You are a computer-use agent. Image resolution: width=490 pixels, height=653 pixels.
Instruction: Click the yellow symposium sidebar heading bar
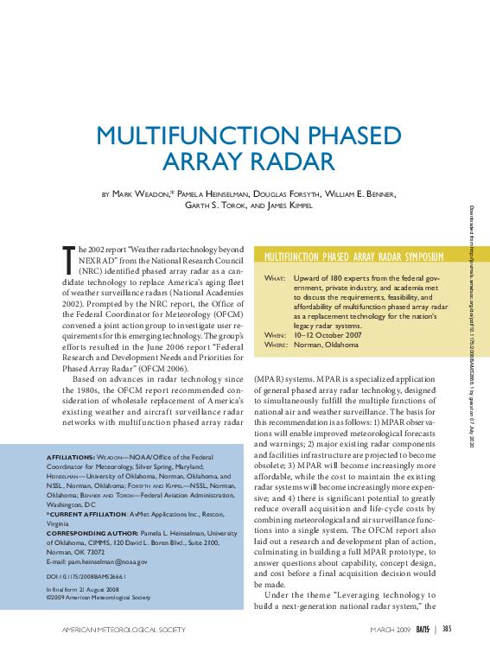pyautogui.click(x=370, y=257)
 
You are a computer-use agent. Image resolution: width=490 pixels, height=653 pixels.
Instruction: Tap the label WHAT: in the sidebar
pyautogui.click(x=274, y=279)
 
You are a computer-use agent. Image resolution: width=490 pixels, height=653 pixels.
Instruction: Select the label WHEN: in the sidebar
pyautogui.click(x=274, y=334)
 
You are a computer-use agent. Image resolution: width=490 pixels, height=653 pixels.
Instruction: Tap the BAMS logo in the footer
pyautogui.click(x=423, y=629)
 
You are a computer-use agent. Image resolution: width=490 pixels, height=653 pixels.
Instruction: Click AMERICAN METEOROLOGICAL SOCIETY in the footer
pyautogui.click(x=124, y=630)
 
